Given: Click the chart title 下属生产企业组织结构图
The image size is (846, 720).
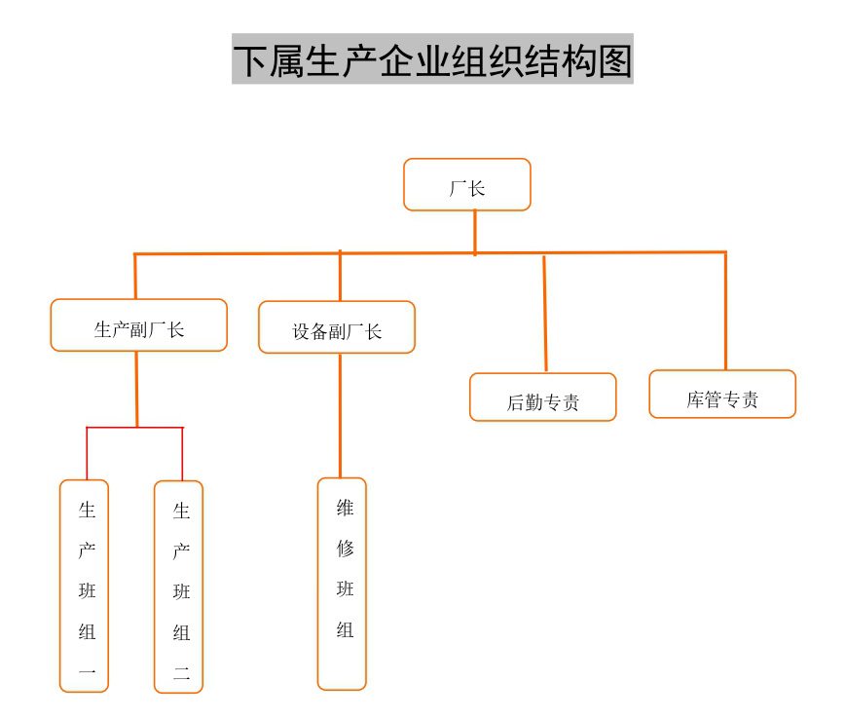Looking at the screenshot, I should (432, 59).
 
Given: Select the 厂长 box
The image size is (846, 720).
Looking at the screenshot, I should (467, 185).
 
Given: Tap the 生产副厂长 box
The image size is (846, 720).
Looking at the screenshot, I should (138, 325).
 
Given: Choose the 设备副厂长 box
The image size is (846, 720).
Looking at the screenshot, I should (337, 327).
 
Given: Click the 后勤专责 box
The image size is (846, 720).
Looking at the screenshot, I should (542, 398).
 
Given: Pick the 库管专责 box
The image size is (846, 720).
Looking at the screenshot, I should (722, 395).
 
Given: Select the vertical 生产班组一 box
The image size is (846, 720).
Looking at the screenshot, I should (85, 586).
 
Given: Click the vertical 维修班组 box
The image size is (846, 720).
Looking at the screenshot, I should (343, 583).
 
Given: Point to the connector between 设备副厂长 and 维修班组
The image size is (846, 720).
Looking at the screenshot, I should (340, 414).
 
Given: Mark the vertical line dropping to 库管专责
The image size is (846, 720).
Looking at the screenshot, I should (725, 311).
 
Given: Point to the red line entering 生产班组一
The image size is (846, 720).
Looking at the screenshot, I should (87, 454).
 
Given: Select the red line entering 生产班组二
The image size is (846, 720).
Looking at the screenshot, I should (182, 454).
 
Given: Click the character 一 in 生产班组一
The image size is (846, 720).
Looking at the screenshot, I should (87, 671).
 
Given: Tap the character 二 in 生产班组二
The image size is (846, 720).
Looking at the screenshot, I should (181, 672).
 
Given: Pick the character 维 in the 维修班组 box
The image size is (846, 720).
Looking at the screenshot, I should (345, 508).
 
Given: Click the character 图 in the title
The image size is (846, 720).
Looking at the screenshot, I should (613, 59).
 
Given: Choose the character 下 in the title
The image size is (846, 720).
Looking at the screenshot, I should (251, 59).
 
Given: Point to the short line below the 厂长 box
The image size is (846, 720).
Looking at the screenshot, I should (475, 232).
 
